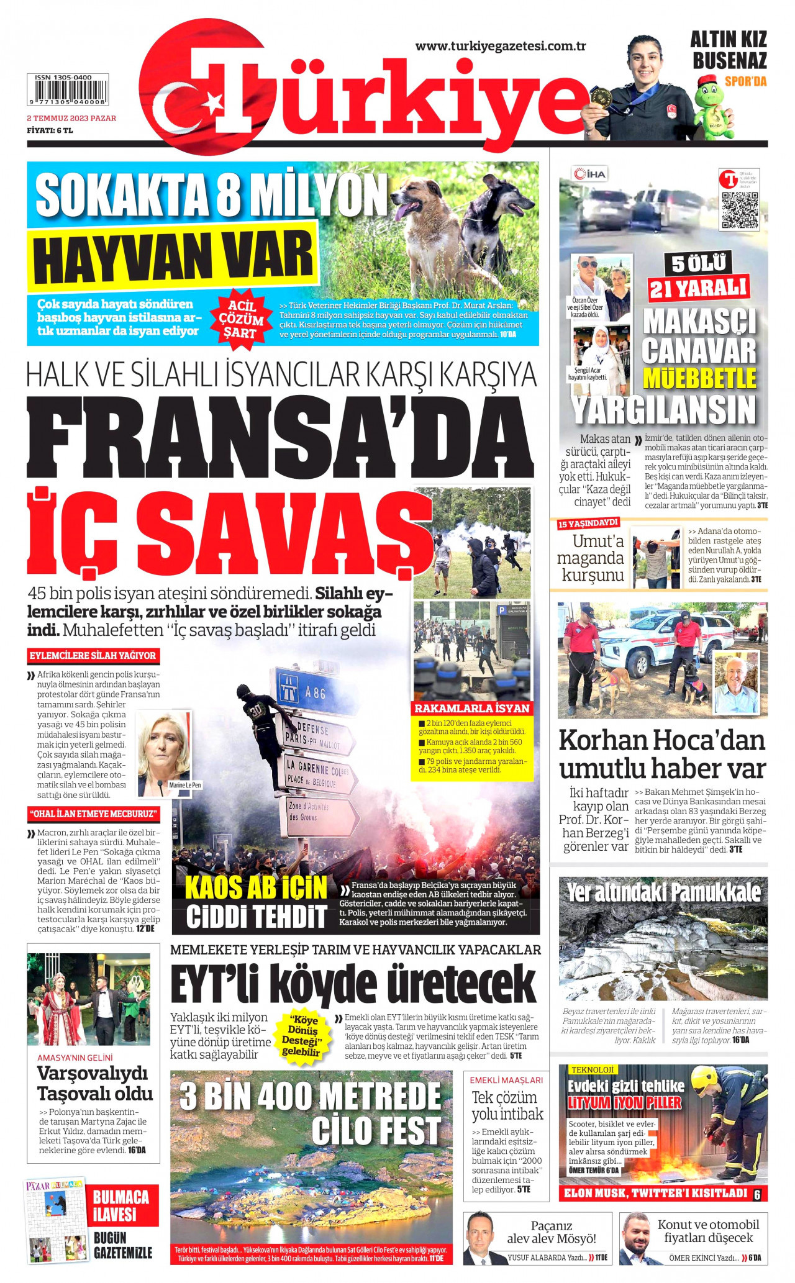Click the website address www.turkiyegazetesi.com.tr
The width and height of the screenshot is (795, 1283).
(x=501, y=46)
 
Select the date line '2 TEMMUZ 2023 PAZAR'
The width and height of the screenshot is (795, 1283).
(x=71, y=118)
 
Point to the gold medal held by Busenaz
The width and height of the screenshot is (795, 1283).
(x=599, y=96)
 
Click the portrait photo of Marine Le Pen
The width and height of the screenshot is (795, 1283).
(x=164, y=753)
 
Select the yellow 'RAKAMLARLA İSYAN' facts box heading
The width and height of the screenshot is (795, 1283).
(x=472, y=708)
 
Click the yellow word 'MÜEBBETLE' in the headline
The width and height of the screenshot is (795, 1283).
(x=699, y=378)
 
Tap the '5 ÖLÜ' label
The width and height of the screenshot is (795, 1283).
(x=699, y=263)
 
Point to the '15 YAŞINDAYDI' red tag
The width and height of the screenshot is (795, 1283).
(x=588, y=524)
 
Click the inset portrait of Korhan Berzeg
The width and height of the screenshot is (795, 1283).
(x=736, y=683)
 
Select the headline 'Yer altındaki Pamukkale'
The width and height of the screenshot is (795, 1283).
(x=663, y=892)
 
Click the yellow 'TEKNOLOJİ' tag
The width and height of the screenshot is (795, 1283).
(x=592, y=1069)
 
